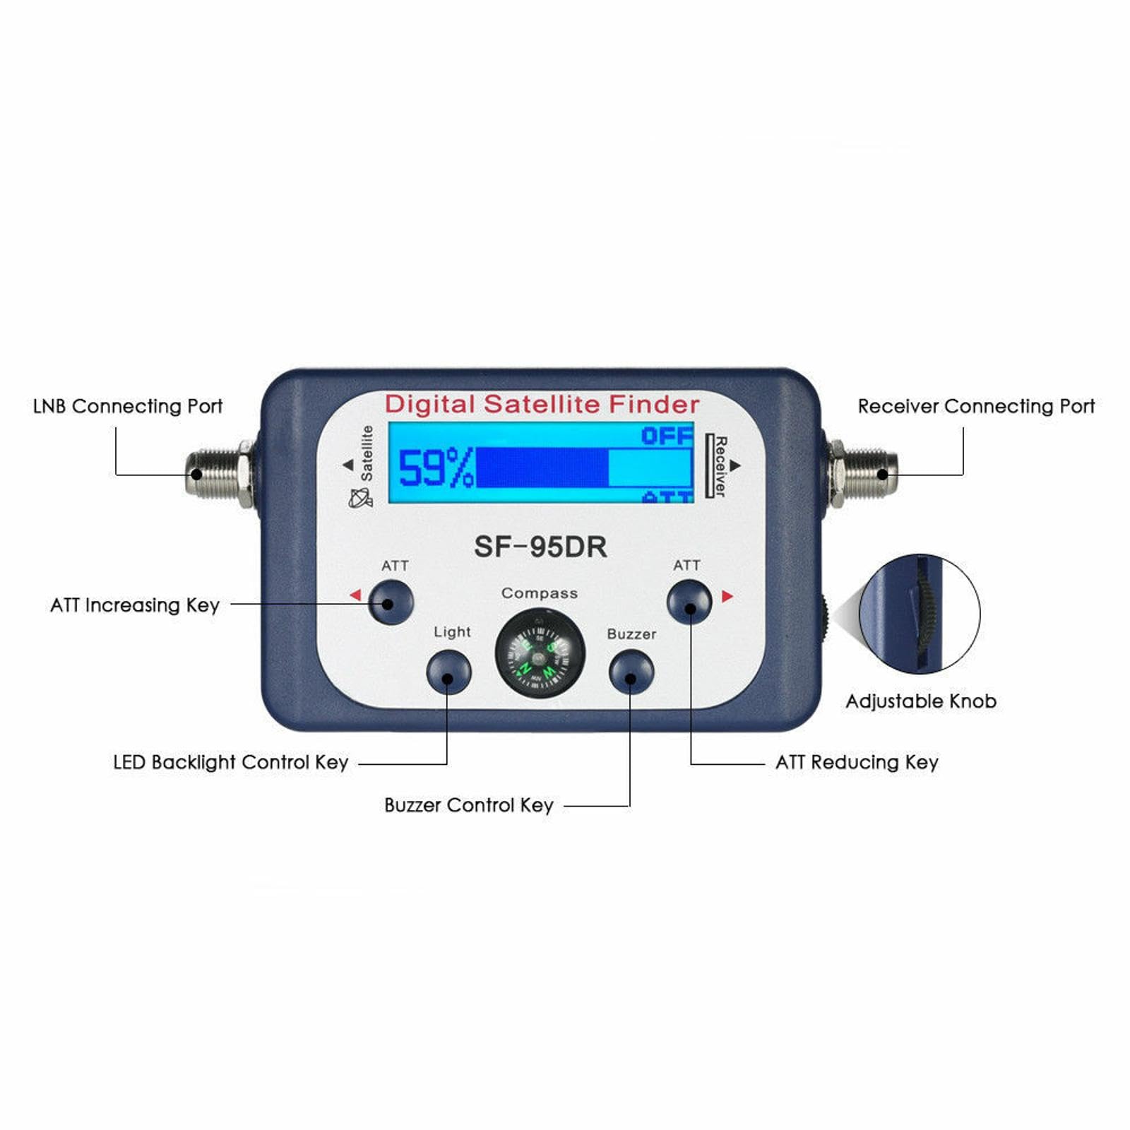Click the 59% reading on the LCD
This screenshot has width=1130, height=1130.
pyautogui.click(x=435, y=468)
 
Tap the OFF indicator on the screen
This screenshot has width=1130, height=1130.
pyautogui.click(x=666, y=435)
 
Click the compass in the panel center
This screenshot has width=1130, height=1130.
pyautogui.click(x=540, y=653)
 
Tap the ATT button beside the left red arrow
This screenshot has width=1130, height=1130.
pyautogui.click(x=391, y=602)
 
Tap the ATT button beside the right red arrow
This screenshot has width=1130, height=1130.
pyautogui.click(x=689, y=602)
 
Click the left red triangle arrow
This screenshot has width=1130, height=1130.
pyautogui.click(x=355, y=595)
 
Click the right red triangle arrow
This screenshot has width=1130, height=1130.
pyautogui.click(x=727, y=597)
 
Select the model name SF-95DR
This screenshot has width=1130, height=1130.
pyautogui.click(x=540, y=547)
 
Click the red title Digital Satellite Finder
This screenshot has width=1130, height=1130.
pyautogui.click(x=542, y=405)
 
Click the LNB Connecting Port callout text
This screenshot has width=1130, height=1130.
pyautogui.click(x=128, y=406)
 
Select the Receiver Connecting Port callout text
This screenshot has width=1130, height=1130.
pyautogui.click(x=976, y=406)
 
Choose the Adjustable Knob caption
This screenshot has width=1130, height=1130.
pyautogui.click(x=921, y=701)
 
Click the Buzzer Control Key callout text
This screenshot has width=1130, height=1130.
pyautogui.click(x=469, y=805)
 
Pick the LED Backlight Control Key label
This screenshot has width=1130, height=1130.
pyautogui.click(x=231, y=762)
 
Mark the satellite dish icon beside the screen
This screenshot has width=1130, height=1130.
pyautogui.click(x=360, y=498)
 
